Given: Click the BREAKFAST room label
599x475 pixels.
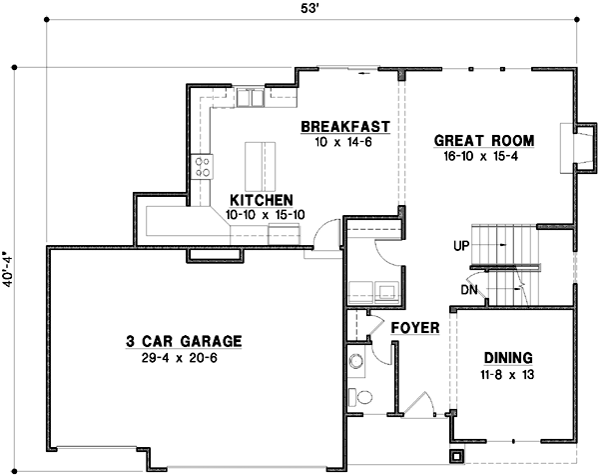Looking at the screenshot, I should (344, 126).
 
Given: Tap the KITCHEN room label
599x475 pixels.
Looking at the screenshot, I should (261, 199).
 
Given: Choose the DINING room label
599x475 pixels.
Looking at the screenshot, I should (508, 358).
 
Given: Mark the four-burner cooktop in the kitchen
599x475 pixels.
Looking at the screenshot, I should (203, 166).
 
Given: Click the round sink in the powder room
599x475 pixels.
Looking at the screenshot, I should (355, 360).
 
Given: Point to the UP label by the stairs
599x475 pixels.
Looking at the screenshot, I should (460, 244).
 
